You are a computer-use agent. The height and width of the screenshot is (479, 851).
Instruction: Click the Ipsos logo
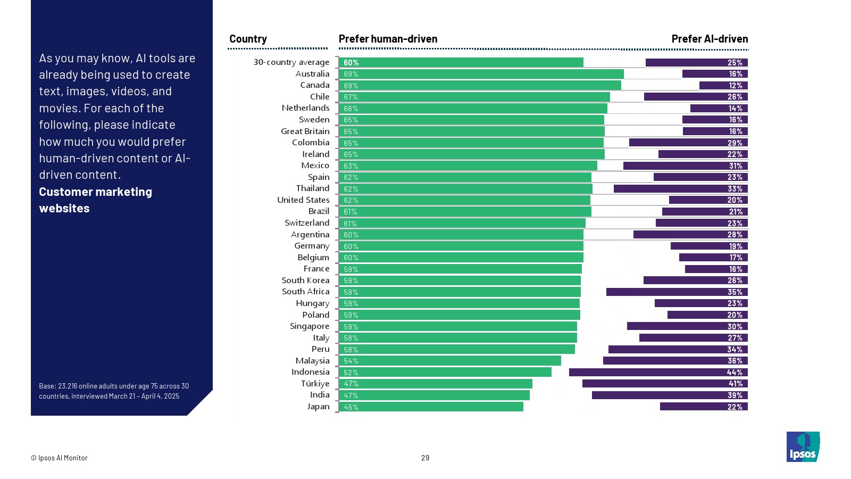click(803, 447)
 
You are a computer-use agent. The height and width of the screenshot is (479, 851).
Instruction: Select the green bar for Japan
click(431, 407)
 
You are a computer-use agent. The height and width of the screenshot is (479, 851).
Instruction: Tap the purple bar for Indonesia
click(658, 373)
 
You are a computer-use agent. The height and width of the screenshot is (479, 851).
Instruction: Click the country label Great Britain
click(305, 131)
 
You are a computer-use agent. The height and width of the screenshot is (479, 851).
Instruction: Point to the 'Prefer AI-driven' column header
click(710, 39)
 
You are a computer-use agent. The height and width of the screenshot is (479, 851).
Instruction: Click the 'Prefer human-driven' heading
click(388, 39)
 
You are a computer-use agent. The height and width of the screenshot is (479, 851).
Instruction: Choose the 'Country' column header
click(248, 39)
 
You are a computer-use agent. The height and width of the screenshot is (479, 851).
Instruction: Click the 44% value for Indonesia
click(735, 373)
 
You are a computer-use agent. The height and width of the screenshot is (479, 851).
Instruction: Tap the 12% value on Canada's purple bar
click(736, 86)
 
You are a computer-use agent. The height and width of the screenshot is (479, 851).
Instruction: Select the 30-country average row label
click(291, 62)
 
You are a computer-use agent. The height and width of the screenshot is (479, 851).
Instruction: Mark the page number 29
click(425, 458)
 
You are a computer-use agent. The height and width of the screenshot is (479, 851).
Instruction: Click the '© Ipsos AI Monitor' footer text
click(59, 458)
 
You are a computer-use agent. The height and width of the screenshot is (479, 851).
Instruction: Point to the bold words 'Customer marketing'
click(95, 192)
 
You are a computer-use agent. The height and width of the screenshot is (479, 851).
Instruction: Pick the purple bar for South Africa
click(677, 292)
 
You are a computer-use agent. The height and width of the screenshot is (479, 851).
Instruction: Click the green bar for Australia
click(481, 74)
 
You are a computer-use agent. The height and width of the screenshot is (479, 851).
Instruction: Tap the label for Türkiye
click(315, 384)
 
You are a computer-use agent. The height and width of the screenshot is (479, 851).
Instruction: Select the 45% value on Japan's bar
click(351, 407)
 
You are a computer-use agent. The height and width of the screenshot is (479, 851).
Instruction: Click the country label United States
click(303, 200)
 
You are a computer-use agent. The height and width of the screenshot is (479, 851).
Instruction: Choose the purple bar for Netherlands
click(719, 109)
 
